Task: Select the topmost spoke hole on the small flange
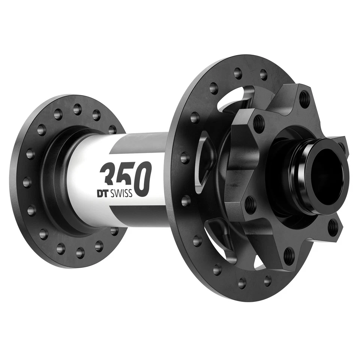coord(77,109)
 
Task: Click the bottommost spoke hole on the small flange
coord(80,252)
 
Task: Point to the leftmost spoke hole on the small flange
coord(27,182)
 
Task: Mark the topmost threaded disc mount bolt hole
coord(305,98)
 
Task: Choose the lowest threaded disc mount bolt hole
coord(289,255)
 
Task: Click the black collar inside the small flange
coord(56,180)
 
